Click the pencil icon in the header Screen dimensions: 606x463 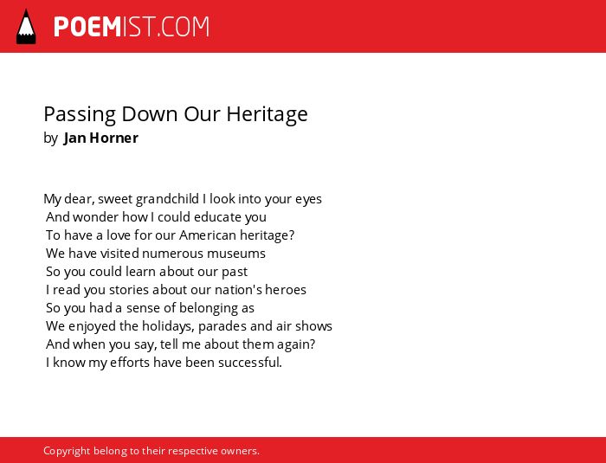point(26,27)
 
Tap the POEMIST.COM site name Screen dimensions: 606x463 point(132,27)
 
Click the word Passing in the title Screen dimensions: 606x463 point(80,115)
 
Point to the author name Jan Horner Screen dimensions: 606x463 point(101,138)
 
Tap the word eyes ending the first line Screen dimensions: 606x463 point(308,200)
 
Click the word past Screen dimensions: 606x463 point(235,272)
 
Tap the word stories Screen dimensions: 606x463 point(129,290)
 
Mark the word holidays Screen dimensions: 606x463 point(168,326)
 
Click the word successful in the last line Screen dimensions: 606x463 point(250,363)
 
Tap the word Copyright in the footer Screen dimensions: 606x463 point(67,452)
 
